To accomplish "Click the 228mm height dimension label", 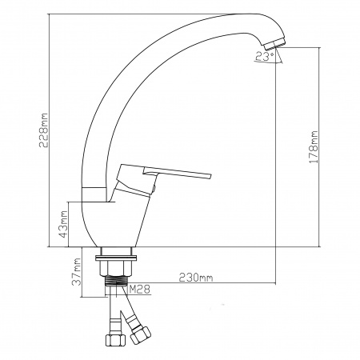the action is tap(43, 130).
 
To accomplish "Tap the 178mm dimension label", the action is tap(314, 147).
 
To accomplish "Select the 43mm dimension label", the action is tap(64, 224).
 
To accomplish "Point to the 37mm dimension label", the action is tap(77, 271).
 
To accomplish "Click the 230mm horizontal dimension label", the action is tap(196, 278).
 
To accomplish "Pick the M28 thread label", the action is tap(139, 289).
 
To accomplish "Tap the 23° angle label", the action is tap(264, 56).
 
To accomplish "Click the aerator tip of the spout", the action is tap(274, 44).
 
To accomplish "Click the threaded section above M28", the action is tap(116, 280).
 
